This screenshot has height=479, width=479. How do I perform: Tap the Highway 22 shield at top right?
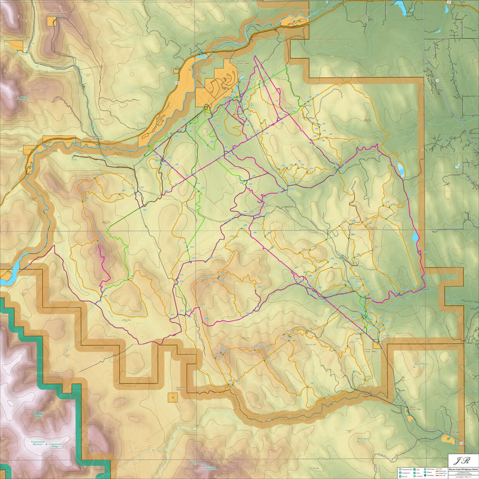[x=449, y=2]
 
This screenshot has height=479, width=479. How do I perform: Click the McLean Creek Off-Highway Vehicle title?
[x=463, y=466]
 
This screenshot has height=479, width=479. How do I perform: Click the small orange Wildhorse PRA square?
[x=172, y=398]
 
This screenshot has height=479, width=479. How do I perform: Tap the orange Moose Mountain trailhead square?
[x=53, y=22]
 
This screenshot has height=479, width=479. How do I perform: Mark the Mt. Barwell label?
[x=265, y=346]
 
